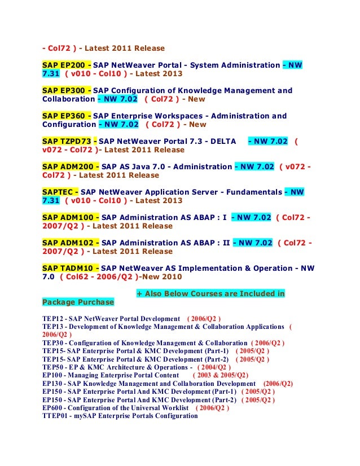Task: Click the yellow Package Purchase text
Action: [78, 302]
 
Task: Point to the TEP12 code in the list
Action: [52, 318]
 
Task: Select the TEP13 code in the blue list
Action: [52, 327]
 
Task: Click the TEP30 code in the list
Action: [52, 343]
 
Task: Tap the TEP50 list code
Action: [52, 367]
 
